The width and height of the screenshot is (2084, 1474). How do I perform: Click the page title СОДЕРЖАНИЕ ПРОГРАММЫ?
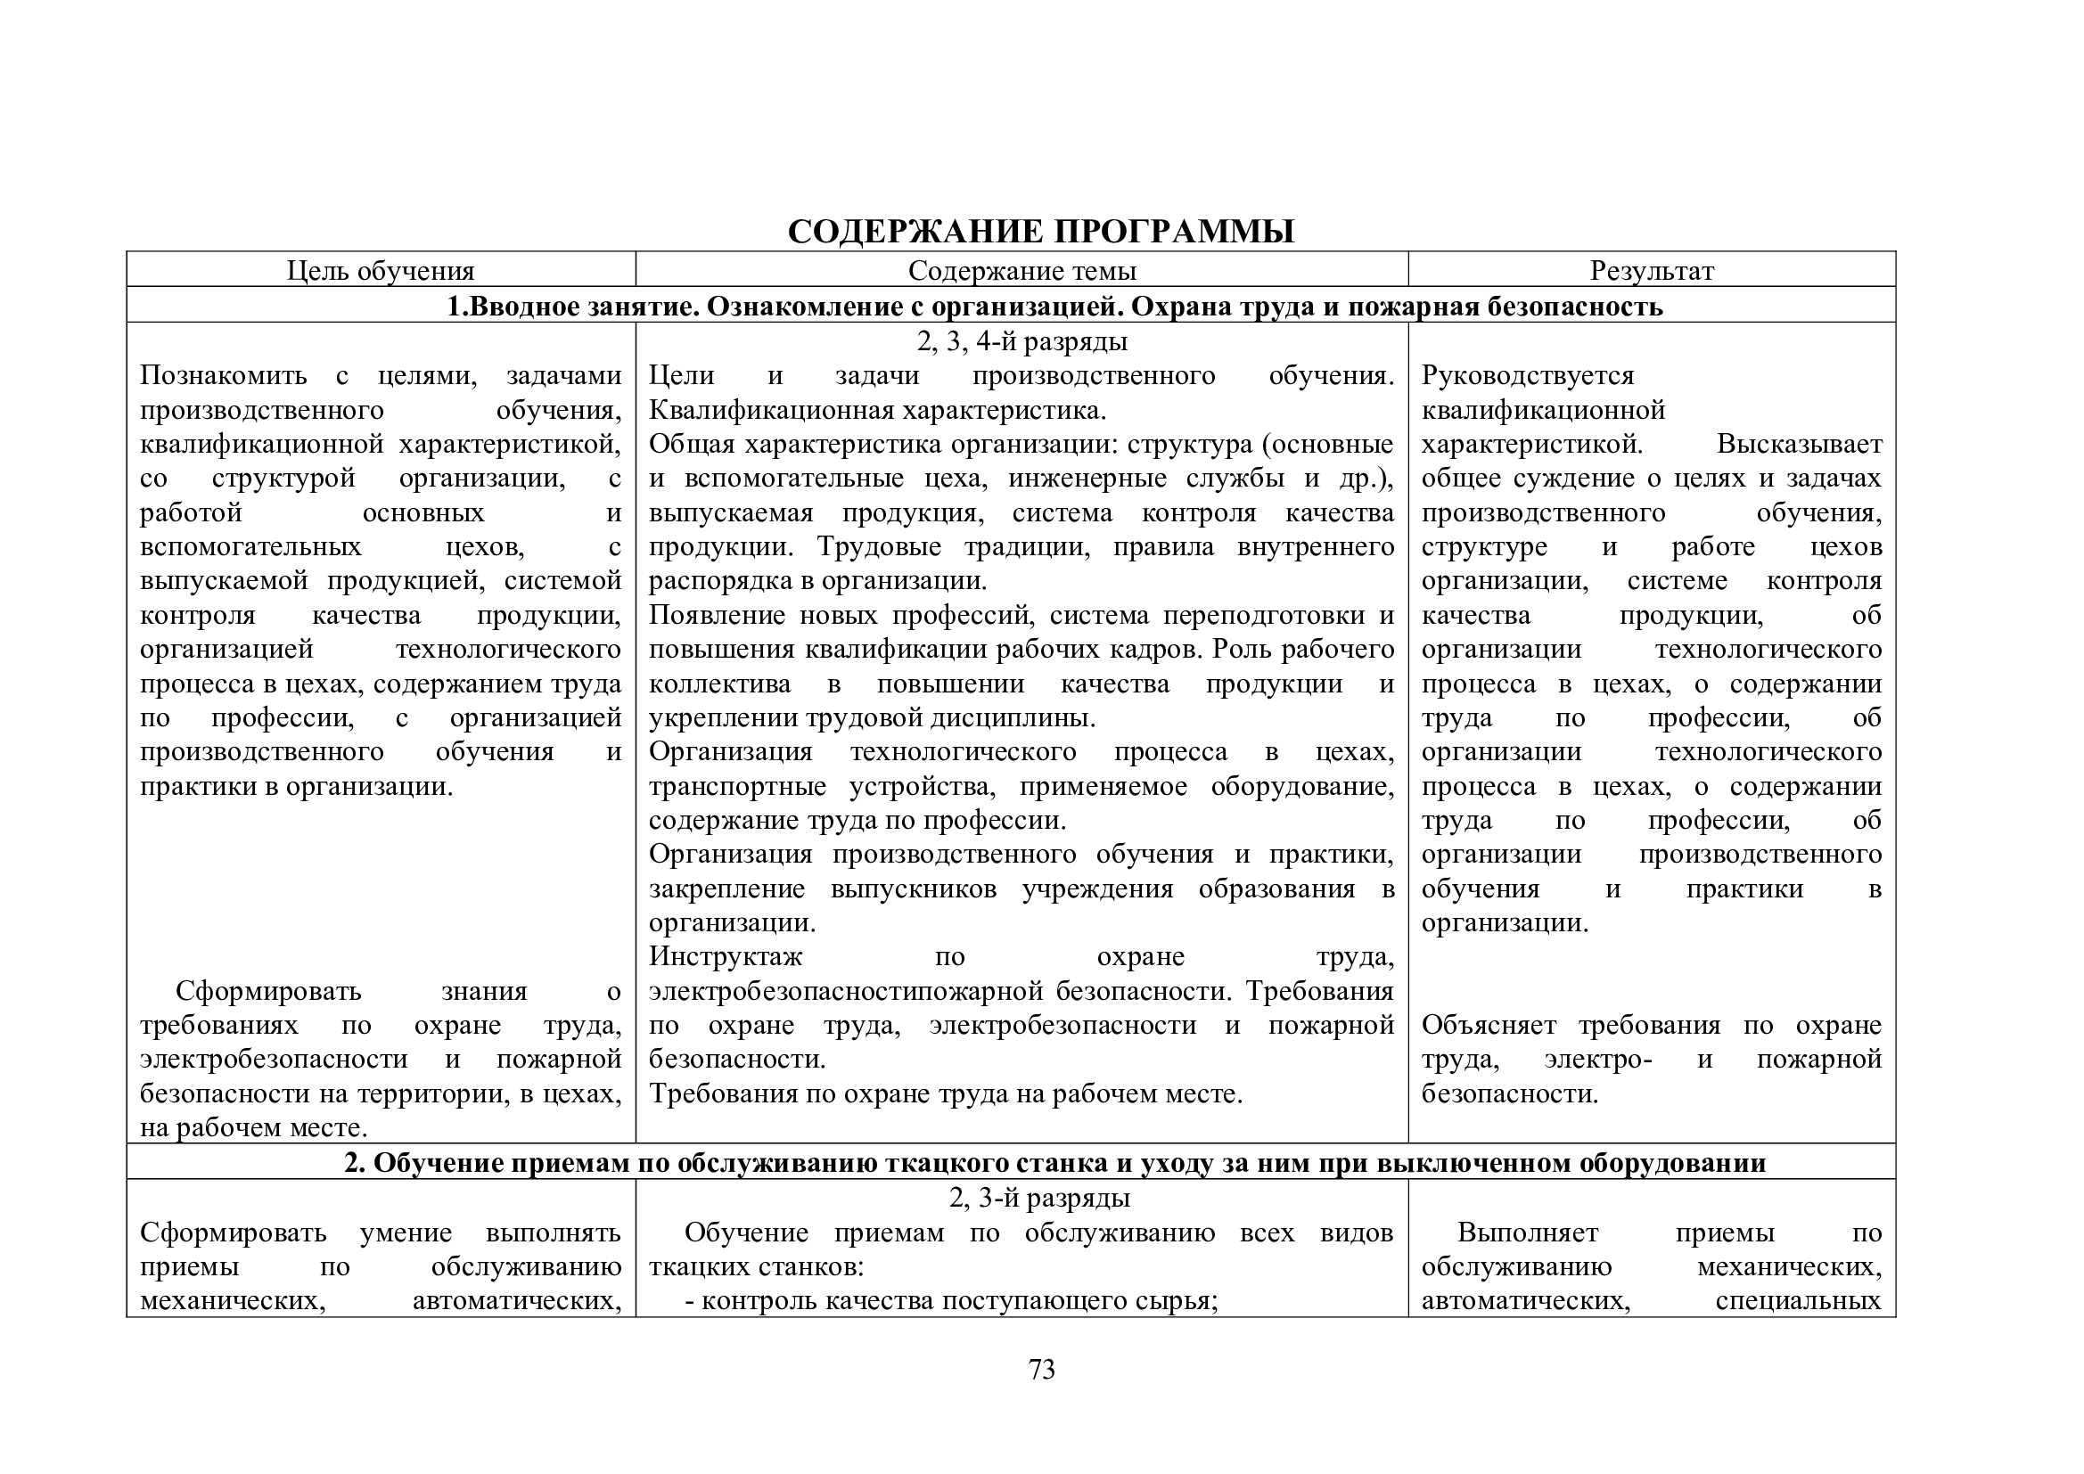1040,232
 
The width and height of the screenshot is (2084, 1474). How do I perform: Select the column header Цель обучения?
381,271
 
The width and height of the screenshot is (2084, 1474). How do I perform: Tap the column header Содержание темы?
1021,271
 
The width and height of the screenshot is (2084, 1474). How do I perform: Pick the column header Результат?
1651,271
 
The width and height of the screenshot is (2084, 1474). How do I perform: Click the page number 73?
1041,1370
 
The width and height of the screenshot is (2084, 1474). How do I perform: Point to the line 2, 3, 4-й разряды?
1021,341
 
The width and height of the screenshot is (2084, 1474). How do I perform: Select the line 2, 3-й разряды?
1039,1198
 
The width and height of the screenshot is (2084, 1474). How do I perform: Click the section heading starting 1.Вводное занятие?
1054,306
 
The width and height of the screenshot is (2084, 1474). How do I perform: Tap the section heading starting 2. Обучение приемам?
1054,1163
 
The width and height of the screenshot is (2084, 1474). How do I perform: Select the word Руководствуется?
1528,375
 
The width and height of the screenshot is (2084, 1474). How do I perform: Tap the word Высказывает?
1799,444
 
